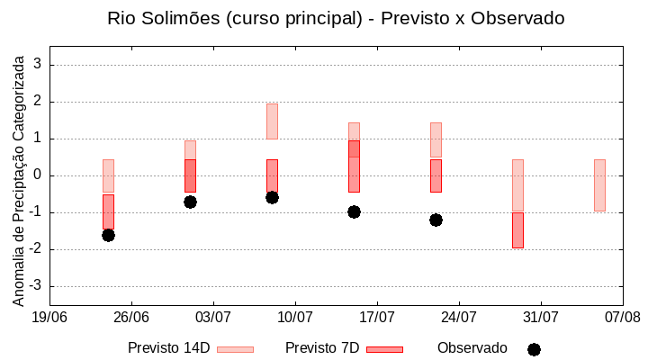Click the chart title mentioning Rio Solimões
pyautogui.click(x=336, y=18)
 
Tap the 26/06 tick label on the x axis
pyautogui.click(x=130, y=317)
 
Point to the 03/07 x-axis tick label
pyautogui.click(x=212, y=317)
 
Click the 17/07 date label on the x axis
pyautogui.click(x=377, y=317)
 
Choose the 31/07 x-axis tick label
pyautogui.click(x=541, y=317)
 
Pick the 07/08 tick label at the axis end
pyautogui.click(x=623, y=317)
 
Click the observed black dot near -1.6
pyautogui.click(x=108, y=235)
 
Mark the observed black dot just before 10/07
pyautogui.click(x=272, y=197)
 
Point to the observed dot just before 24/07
pyautogui.click(x=436, y=220)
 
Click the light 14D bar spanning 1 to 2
pyautogui.click(x=272, y=121)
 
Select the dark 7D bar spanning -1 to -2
pyautogui.click(x=517, y=230)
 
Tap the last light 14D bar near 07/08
pyautogui.click(x=599, y=185)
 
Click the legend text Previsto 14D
pyautogui.click(x=168, y=348)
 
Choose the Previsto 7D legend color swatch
pyautogui.click(x=384, y=349)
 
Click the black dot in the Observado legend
pyautogui.click(x=534, y=349)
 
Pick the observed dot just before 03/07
pyautogui.click(x=190, y=202)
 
